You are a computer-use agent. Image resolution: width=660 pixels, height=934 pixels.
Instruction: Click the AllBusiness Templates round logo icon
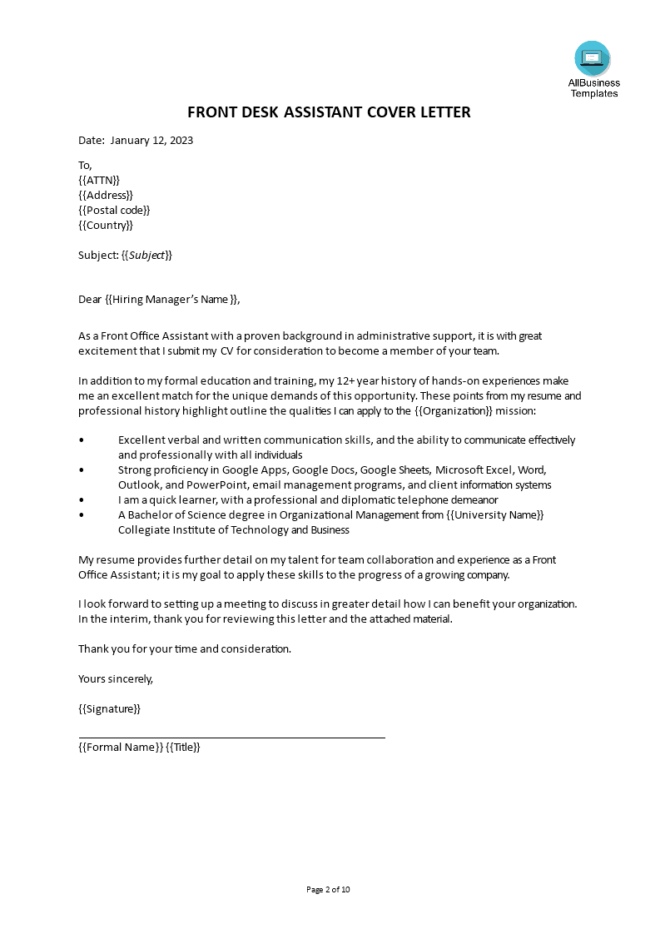point(592,58)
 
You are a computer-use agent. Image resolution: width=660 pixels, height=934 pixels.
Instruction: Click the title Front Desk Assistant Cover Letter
point(329,112)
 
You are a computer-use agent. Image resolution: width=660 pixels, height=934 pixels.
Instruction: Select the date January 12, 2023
point(151,140)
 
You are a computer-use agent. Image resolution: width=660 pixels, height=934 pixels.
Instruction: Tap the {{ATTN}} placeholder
point(99,180)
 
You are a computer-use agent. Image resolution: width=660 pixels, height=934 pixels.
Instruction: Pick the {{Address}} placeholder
point(106,195)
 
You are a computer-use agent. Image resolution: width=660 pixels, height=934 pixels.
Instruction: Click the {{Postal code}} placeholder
point(114,210)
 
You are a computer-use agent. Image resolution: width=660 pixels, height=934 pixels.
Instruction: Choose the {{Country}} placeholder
point(106,225)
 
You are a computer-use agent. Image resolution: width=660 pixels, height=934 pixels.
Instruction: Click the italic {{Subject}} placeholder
point(146,255)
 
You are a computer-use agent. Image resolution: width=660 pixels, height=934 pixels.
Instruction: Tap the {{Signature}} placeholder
point(109,708)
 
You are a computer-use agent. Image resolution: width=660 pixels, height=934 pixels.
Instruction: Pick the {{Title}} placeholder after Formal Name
point(183,747)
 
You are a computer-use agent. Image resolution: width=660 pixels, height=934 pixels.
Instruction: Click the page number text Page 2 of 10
point(329,889)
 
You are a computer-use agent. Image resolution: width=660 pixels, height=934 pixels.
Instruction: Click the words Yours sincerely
point(116,678)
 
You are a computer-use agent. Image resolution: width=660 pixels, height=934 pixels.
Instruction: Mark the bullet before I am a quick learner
point(81,500)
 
